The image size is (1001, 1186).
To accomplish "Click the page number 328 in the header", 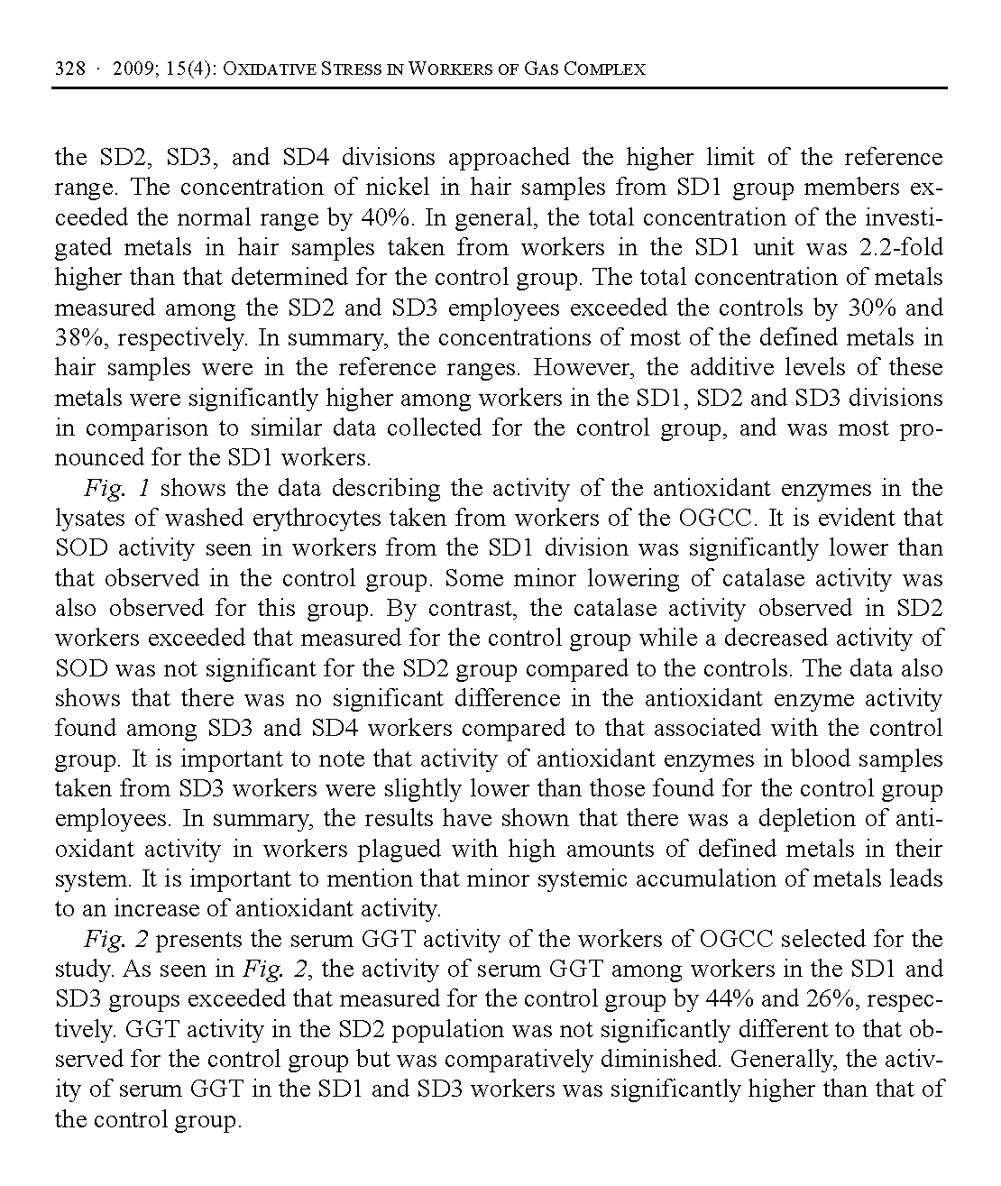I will tap(70, 69).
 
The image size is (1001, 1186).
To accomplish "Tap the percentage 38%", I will tap(78, 338).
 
